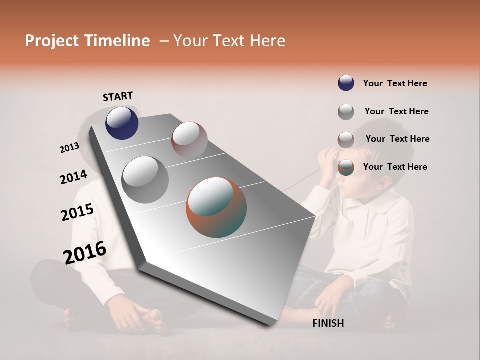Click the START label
click(x=118, y=96)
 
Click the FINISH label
click(x=328, y=323)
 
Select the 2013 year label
click(x=69, y=148)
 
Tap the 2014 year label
click(x=73, y=177)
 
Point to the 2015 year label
click(x=77, y=212)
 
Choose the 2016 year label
click(x=85, y=252)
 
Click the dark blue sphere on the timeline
click(x=122, y=123)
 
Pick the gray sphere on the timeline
click(x=145, y=179)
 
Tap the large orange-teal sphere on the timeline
click(x=216, y=207)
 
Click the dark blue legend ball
click(x=346, y=83)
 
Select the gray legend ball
click(x=346, y=111)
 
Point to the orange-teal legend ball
click(x=346, y=167)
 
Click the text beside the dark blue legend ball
click(x=395, y=83)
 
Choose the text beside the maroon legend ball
click(x=397, y=139)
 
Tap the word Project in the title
click(x=51, y=41)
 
